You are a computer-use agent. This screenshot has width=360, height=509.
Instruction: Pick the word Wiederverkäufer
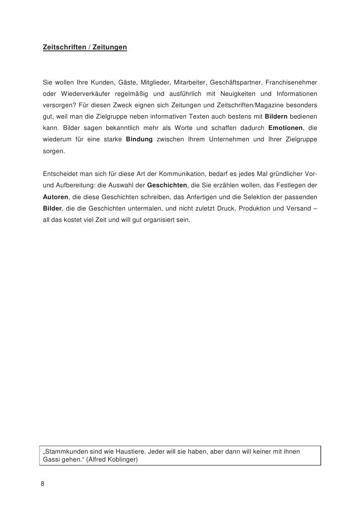tap(85, 93)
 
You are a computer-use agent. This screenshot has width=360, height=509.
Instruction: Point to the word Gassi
tap(52, 460)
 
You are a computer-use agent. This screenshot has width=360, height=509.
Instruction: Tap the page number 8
tap(43, 483)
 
